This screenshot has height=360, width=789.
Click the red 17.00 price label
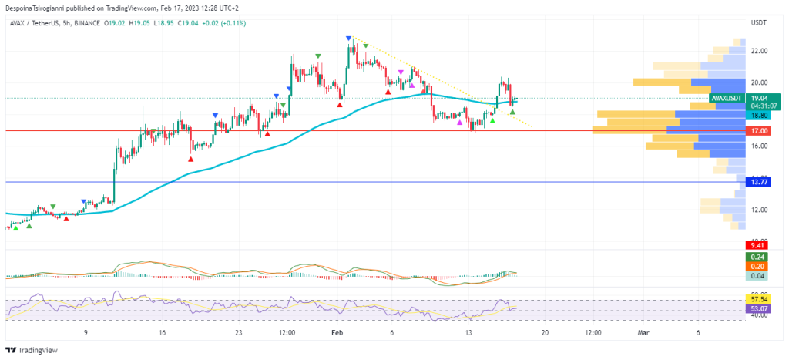coord(760,131)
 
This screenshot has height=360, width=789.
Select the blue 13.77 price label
coord(760,182)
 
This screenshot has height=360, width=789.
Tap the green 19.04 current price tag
coord(760,99)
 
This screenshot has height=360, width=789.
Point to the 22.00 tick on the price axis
coord(759,51)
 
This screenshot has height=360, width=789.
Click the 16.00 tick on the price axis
coord(759,146)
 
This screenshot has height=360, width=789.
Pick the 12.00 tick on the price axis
coord(759,210)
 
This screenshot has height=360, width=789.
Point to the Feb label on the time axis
coord(336,333)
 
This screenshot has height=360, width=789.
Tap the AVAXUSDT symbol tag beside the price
coord(727,99)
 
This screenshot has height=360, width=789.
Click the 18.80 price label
coord(760,116)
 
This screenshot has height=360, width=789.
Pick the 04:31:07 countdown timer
coord(760,107)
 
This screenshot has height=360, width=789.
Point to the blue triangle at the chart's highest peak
coord(349,39)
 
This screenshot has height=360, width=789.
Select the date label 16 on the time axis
coord(162,333)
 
